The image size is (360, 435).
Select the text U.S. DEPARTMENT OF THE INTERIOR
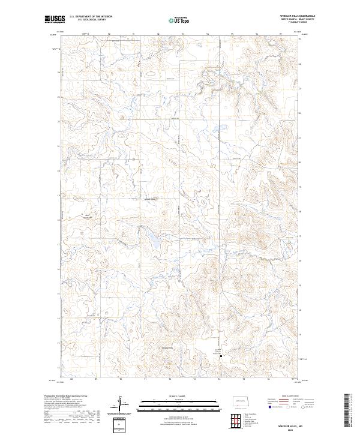(x=91, y=17)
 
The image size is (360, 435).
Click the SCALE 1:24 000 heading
(x=175, y=395)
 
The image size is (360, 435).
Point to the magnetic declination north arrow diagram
(x=121, y=404)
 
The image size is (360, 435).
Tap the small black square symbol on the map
(x=221, y=358)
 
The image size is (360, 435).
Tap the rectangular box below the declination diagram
(x=121, y=424)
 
